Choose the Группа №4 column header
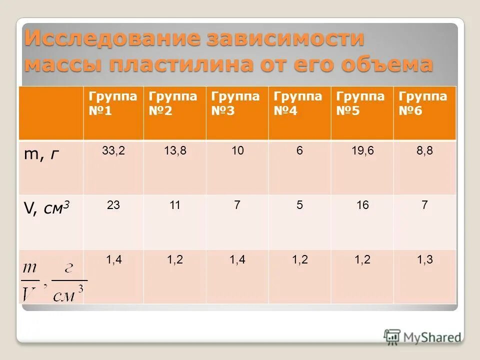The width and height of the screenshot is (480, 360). (x=299, y=103)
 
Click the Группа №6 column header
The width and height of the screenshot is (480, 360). (x=424, y=103)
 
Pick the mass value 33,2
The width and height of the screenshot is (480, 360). (x=113, y=150)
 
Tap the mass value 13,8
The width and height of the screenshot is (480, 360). (x=175, y=150)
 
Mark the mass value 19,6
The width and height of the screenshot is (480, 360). (x=362, y=150)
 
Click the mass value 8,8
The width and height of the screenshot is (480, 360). (x=424, y=150)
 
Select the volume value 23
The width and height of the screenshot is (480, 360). (x=113, y=205)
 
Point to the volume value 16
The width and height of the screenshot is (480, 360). (x=362, y=205)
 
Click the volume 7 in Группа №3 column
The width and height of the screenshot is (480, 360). (x=237, y=205)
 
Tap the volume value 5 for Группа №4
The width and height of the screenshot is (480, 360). (x=299, y=205)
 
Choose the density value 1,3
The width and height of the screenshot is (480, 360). (x=424, y=259)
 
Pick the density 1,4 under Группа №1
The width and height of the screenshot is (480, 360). (x=113, y=259)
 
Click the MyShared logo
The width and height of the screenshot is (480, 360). (x=422, y=336)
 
